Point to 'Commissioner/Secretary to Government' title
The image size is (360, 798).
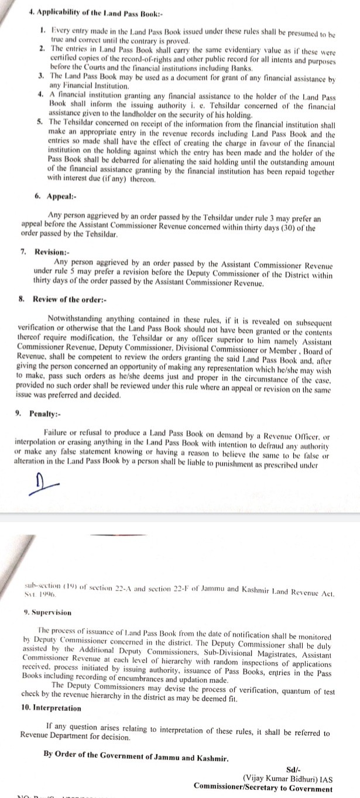click(x=264, y=788)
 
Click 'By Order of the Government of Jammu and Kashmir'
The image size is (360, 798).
click(x=136, y=754)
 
